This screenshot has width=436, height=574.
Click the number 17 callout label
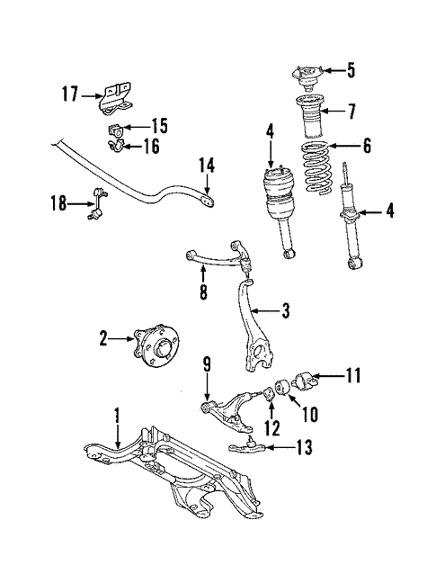tap(69, 93)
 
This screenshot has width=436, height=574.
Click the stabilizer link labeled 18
tap(94, 204)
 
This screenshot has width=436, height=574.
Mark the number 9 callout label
tap(207, 364)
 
